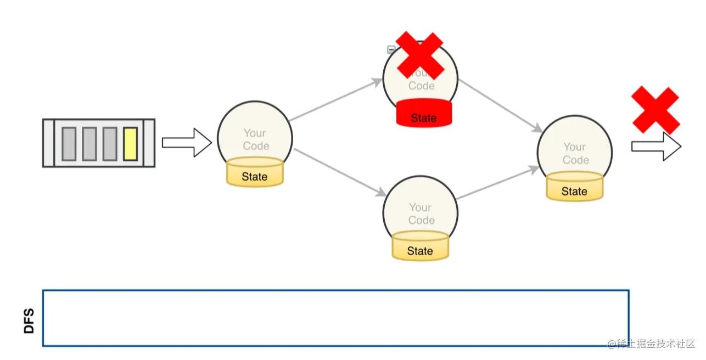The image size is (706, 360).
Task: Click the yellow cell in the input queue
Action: click(130, 143)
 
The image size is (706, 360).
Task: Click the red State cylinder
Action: click(424, 114)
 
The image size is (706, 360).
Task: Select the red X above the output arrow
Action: click(655, 110)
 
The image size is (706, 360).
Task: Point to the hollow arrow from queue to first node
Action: click(187, 143)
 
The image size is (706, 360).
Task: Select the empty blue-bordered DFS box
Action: click(335, 318)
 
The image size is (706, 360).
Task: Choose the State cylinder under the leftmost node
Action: click(255, 172)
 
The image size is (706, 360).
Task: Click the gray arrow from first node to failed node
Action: click(335, 100)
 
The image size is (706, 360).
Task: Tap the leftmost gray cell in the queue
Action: click(69, 143)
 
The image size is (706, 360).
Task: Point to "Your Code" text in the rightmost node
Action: click(575, 153)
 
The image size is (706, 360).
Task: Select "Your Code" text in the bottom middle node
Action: click(421, 213)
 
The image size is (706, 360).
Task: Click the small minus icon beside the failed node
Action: click(391, 49)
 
